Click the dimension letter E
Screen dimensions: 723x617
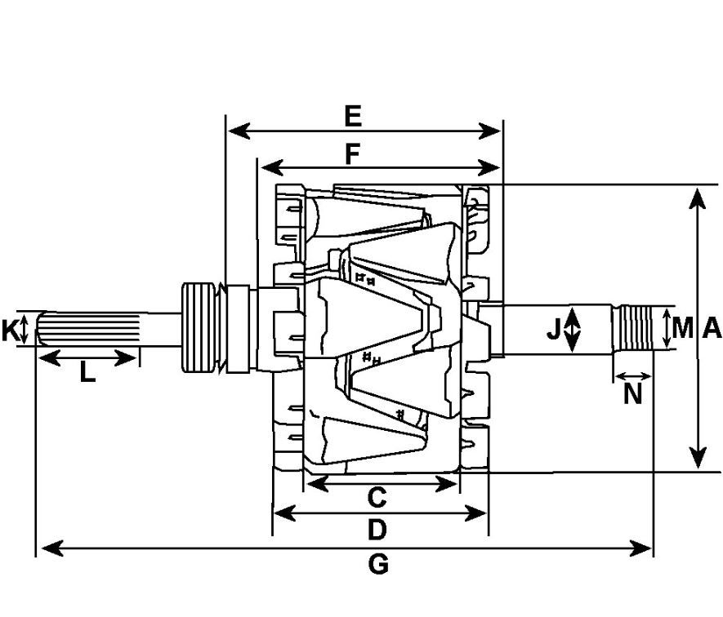pos(353,116)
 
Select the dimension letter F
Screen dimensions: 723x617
pos(352,154)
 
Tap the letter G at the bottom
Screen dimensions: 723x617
pos(378,564)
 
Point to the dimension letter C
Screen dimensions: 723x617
pos(377,498)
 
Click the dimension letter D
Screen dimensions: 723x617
pos(377,530)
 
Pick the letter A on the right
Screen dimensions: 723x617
pos(712,329)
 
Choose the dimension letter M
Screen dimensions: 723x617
pos(682,329)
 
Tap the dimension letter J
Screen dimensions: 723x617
pos(554,329)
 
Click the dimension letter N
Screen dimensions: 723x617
pos(633,394)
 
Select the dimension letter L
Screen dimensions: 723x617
pos(87,372)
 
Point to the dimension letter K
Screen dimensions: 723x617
pos(10,331)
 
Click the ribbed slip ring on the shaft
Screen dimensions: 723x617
pos(199,327)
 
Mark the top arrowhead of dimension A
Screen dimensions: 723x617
pos(698,198)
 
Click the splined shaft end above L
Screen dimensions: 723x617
pos(87,329)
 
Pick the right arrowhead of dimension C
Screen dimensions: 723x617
pos(447,484)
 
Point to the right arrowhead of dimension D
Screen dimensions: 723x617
pos(475,513)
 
